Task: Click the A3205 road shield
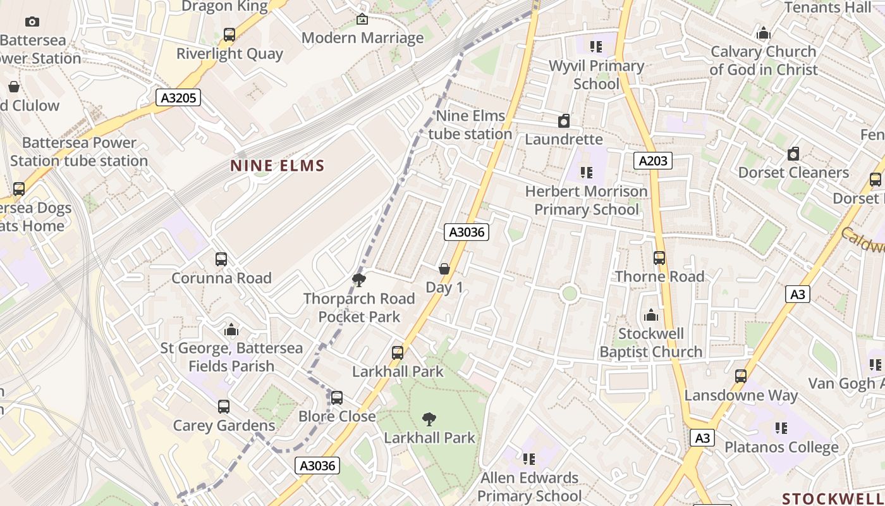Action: pyautogui.click(x=178, y=97)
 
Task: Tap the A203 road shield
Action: pyautogui.click(x=652, y=161)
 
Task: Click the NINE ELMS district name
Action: pyautogui.click(x=277, y=166)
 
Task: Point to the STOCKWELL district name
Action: pyautogui.click(x=833, y=498)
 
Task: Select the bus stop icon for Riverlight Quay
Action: pyautogui.click(x=229, y=35)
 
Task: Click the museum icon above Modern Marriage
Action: pyautogui.click(x=362, y=20)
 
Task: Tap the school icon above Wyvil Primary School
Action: pyautogui.click(x=595, y=47)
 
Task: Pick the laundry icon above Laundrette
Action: pyautogui.click(x=564, y=121)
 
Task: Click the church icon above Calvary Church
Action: pyautogui.click(x=764, y=33)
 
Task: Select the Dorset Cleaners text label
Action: pyautogui.click(x=793, y=173)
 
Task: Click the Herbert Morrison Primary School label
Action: pyautogui.click(x=587, y=200)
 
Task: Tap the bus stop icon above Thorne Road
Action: pyautogui.click(x=659, y=258)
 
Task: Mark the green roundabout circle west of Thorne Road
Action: pyautogui.click(x=570, y=293)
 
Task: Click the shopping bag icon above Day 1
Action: pyautogui.click(x=444, y=269)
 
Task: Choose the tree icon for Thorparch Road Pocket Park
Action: pyautogui.click(x=359, y=280)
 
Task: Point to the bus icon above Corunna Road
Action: pyautogui.click(x=221, y=259)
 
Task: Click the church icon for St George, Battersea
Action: pyautogui.click(x=231, y=330)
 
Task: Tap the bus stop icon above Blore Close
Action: pyautogui.click(x=337, y=398)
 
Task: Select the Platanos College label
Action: pyautogui.click(x=781, y=447)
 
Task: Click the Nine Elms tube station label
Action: pyautogui.click(x=470, y=125)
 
